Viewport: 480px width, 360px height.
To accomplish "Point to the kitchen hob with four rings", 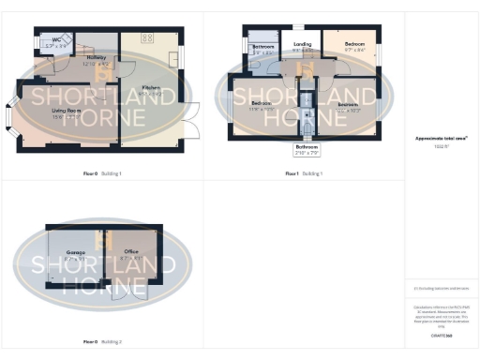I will tap(147, 38).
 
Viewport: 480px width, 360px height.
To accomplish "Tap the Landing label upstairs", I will tap(302, 46).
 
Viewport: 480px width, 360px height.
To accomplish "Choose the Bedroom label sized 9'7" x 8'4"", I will tap(353, 47).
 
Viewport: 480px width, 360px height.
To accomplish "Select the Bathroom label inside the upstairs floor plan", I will tap(262, 48).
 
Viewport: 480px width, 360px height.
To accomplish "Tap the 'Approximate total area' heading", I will tap(442, 138).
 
